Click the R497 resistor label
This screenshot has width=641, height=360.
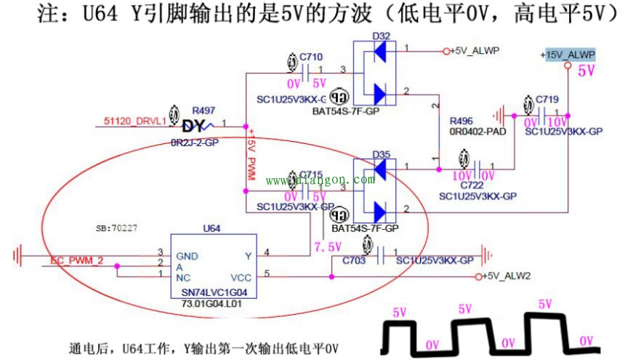[203, 111]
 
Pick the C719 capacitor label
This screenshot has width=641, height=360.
[547, 99]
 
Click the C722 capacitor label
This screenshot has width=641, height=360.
[474, 184]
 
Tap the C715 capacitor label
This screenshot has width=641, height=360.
[310, 175]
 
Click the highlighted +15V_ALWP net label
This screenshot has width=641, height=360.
[568, 55]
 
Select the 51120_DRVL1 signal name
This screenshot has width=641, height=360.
[135, 121]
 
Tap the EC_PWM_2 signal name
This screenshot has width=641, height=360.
[77, 260]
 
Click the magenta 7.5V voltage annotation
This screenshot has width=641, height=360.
[327, 247]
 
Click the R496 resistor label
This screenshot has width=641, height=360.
[463, 121]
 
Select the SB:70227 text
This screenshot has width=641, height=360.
[116, 228]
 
